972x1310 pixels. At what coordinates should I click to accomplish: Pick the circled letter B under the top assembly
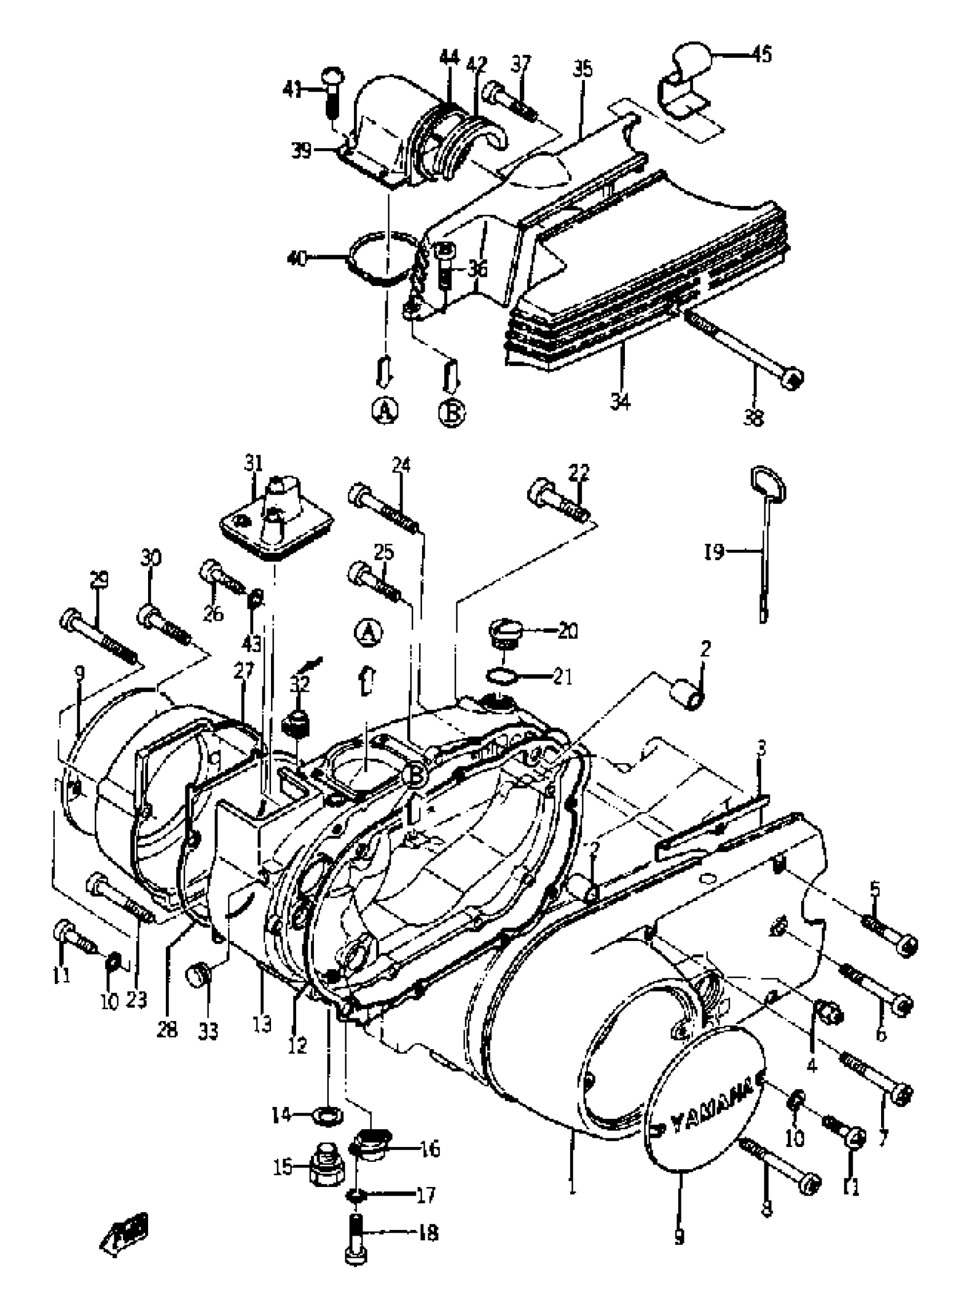coord(451,412)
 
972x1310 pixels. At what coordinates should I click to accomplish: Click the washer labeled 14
coord(325,1113)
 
